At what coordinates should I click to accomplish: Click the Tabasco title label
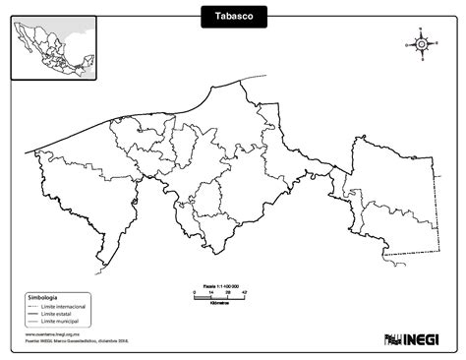[233, 18]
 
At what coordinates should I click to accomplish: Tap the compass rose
[421, 43]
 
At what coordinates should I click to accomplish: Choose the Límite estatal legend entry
[60, 313]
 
